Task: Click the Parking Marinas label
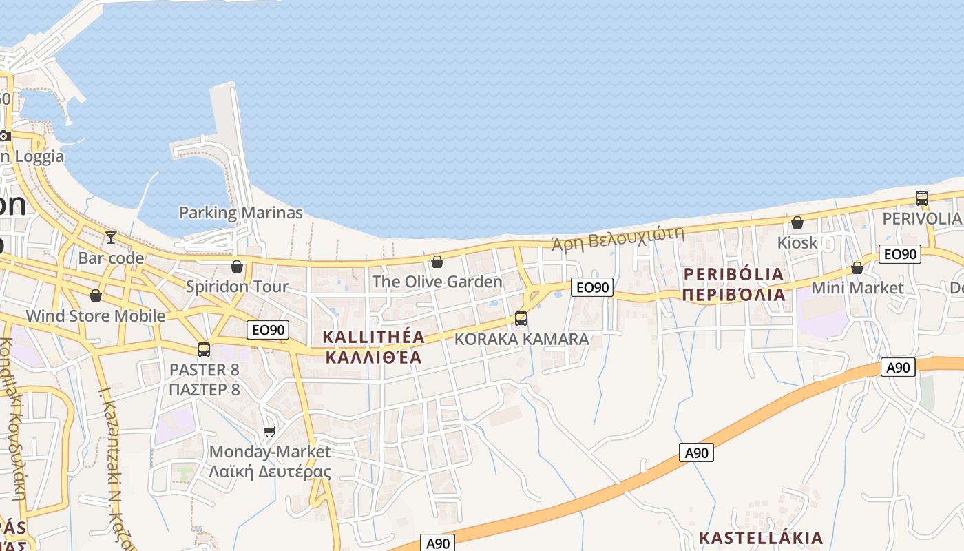pyautogui.click(x=241, y=213)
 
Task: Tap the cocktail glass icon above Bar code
pyautogui.click(x=110, y=238)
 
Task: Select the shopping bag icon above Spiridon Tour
pyautogui.click(x=237, y=267)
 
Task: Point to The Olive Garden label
pyautogui.click(x=437, y=282)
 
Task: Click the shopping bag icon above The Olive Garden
pyautogui.click(x=437, y=262)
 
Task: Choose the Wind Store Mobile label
pyautogui.click(x=96, y=316)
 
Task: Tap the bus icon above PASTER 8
pyautogui.click(x=204, y=349)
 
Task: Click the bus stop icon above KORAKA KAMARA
pyautogui.click(x=521, y=319)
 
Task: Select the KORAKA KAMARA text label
pyautogui.click(x=521, y=340)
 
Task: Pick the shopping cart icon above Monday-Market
pyautogui.click(x=269, y=431)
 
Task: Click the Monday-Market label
pyautogui.click(x=270, y=452)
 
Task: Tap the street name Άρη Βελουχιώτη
pyautogui.click(x=618, y=238)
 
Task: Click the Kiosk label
pyautogui.click(x=797, y=242)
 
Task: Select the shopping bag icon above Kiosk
pyautogui.click(x=797, y=222)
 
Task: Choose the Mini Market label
pyautogui.click(x=857, y=287)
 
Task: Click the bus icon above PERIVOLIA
pyautogui.click(x=922, y=198)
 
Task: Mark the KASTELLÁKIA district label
pyautogui.click(x=761, y=538)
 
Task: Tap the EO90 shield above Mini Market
pyautogui.click(x=900, y=254)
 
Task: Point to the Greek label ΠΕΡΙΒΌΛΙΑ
pyautogui.click(x=733, y=295)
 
